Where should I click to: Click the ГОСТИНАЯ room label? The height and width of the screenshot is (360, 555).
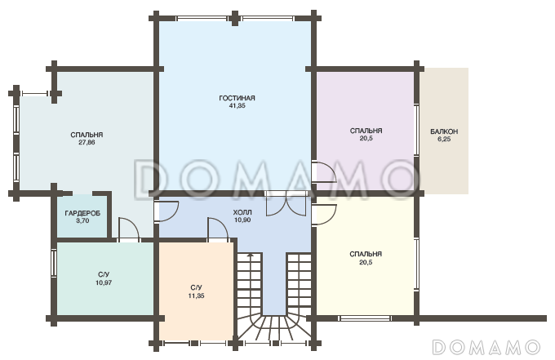237,98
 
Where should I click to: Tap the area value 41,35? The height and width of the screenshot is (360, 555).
238,105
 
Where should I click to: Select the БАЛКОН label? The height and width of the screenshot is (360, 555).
444,131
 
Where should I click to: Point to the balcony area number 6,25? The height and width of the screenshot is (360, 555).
444,139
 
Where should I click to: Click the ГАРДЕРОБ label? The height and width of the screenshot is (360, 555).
82,213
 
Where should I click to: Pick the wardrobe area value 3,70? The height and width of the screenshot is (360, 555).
82,221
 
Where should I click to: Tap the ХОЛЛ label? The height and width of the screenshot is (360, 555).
242,212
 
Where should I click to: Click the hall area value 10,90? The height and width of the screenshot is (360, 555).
242,220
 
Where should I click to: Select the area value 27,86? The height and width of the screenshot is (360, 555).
87,142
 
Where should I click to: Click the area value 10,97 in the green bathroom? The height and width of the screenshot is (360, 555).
104,282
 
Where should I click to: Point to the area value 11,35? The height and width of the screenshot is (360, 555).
196,296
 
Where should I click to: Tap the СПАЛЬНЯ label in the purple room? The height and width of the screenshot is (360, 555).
366,131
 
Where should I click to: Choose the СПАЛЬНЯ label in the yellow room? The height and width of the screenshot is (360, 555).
366,254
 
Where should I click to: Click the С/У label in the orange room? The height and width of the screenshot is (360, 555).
196,288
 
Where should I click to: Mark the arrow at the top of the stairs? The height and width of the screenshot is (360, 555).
251,256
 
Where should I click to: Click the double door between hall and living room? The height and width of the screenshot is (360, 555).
286,204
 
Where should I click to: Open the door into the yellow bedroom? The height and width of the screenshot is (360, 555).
323,213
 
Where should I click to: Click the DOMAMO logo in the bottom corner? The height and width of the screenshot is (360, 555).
486,347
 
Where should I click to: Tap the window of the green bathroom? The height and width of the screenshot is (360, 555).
54,263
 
